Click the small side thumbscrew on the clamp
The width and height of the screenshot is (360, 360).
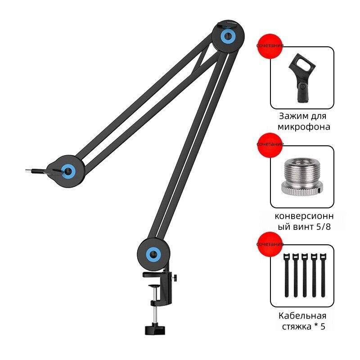point(175,278)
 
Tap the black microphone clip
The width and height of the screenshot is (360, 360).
point(301,77)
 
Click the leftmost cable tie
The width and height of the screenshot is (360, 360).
point(286,275)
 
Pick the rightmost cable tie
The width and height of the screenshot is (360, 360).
point(323,275)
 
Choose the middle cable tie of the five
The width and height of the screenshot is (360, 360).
point(305,275)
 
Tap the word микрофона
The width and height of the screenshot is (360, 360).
point(304,127)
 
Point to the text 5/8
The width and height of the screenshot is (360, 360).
point(323,227)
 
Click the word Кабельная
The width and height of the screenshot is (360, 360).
point(302,316)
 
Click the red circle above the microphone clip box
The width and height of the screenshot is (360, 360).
point(270,46)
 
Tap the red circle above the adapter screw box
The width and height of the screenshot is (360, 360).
point(270,145)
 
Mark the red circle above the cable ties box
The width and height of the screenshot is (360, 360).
point(270,244)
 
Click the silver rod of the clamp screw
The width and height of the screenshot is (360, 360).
point(155,315)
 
